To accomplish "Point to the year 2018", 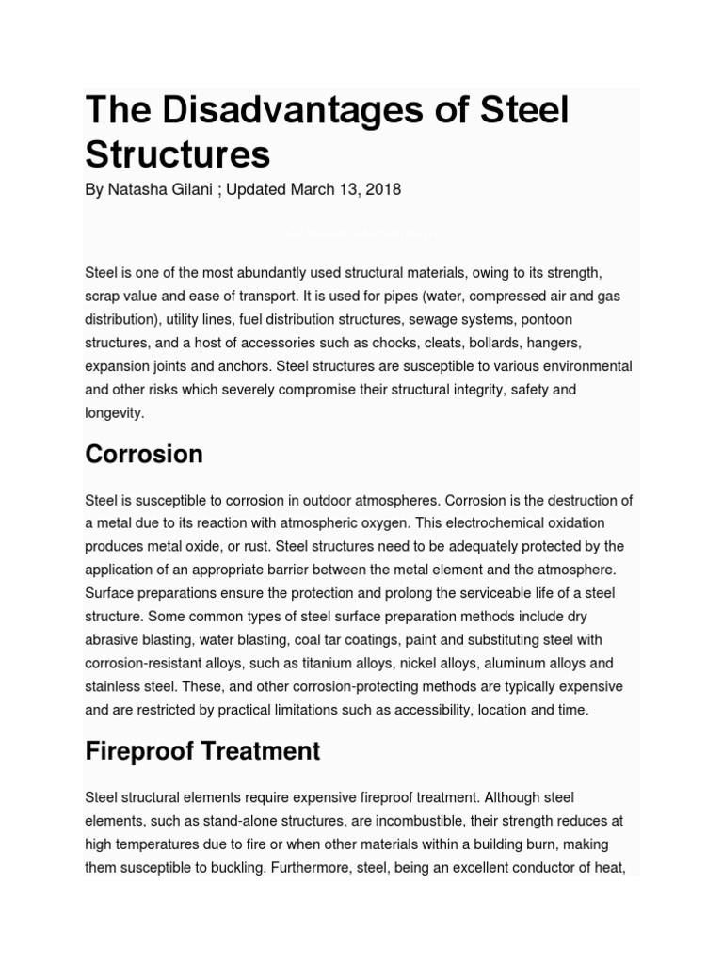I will (383, 189).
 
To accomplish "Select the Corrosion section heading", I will (144, 454).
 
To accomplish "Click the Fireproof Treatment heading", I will (202, 751).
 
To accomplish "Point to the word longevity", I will (116, 412).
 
